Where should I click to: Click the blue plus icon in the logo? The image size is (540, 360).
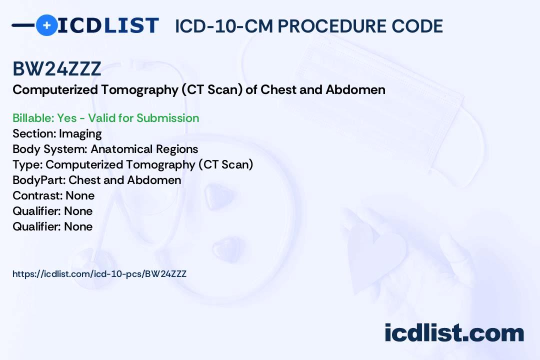coord(46,25)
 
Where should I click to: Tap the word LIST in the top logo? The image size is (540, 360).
coord(131,25)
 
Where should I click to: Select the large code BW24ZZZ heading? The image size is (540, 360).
coord(56,69)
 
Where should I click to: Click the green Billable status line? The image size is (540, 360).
coord(105,118)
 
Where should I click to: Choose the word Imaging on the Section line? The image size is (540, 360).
coord(80,133)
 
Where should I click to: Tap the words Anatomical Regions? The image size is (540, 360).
coord(144,149)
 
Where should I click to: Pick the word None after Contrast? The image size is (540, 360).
coord(80,195)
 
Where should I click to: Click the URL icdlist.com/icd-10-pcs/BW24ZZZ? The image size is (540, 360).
coord(99,273)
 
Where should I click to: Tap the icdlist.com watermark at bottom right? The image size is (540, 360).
coord(454,333)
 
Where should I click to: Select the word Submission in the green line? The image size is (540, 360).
coord(167,118)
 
